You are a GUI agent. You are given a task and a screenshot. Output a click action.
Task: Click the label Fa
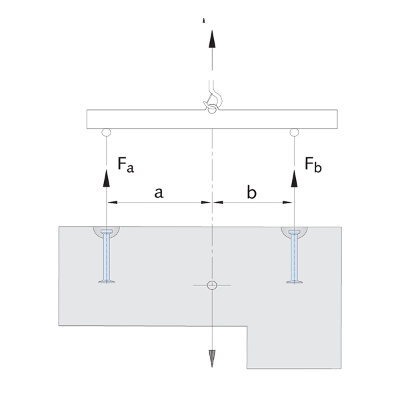tap(125, 164)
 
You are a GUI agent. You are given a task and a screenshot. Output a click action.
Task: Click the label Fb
tap(313, 164)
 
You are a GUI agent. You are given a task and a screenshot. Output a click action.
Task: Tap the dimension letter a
tap(159, 193)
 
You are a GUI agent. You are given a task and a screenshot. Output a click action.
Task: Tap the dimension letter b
tap(251, 193)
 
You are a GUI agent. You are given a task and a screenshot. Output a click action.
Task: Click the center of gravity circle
tap(212, 285)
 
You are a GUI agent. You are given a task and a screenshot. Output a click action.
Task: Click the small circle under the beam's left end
tap(106, 133)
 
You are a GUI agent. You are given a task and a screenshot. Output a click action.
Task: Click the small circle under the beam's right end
tap(293, 133)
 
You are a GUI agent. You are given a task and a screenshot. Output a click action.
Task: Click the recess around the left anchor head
tap(106, 233)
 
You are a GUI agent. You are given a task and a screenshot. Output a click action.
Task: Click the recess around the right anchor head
tap(293, 233)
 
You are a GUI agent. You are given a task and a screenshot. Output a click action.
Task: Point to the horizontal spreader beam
tap(153, 119)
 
